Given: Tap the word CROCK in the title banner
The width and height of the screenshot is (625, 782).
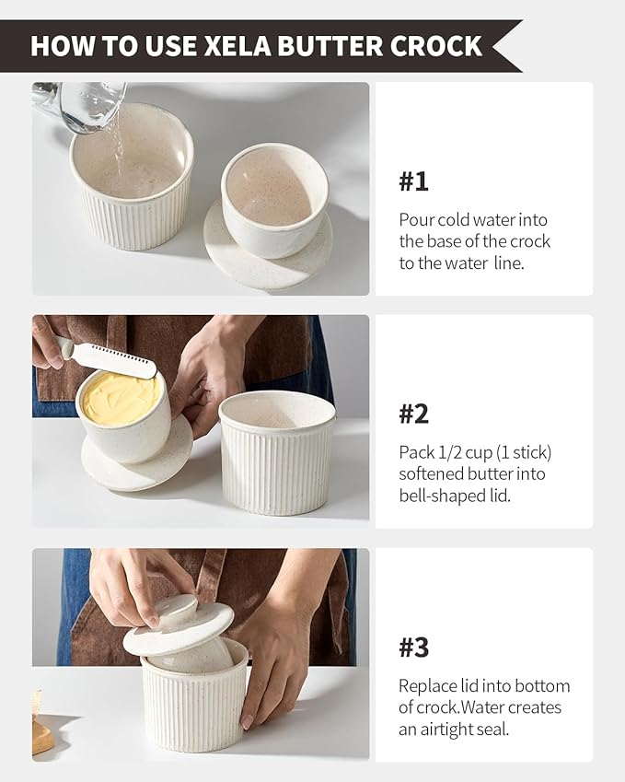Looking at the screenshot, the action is [436, 45].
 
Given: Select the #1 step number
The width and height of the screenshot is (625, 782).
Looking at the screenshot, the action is [413, 181].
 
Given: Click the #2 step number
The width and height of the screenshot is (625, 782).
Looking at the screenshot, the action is [413, 414].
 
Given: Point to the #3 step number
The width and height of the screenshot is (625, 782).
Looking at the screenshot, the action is [413, 648].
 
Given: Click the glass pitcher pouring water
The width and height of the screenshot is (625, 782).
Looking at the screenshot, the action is [80, 106].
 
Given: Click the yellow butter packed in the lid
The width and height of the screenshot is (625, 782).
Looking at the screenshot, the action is [122, 399].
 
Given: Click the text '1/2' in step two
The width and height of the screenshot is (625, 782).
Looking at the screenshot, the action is [447, 453].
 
